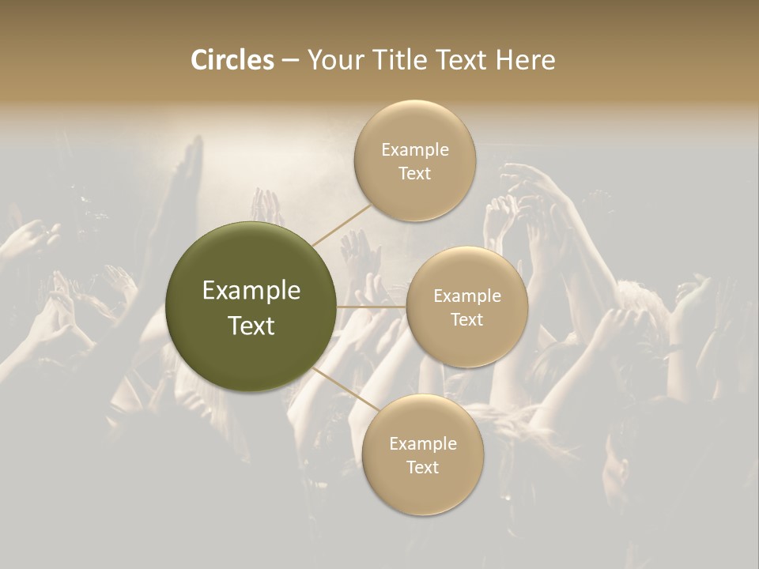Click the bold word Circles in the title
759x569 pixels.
tap(232, 60)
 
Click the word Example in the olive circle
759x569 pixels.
tap(251, 291)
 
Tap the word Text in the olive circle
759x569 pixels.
tap(251, 326)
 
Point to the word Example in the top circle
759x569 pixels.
tap(415, 150)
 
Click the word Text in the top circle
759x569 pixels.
tap(414, 173)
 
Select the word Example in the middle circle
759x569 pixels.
tap(467, 296)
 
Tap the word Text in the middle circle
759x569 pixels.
tap(466, 319)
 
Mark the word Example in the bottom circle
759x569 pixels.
tap(423, 444)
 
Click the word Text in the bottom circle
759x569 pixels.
tap(422, 467)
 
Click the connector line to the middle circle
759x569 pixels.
tap(372, 307)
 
